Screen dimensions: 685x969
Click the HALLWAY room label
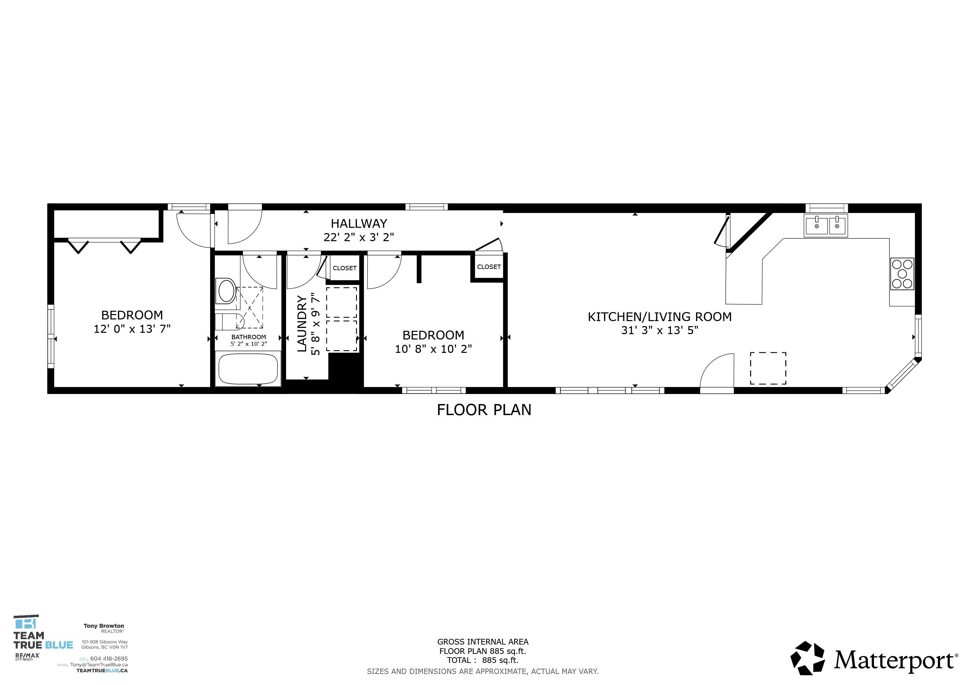point(359,223)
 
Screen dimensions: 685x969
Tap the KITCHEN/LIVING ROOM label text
point(659,317)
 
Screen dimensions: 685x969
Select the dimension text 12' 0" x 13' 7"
point(132,329)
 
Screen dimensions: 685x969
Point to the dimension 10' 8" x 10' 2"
point(433,349)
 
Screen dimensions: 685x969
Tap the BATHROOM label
point(249,337)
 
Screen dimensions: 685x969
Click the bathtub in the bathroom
point(248,369)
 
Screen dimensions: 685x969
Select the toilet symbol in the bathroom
point(227,291)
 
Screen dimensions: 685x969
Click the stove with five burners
point(902,274)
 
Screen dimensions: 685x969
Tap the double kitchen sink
point(825,226)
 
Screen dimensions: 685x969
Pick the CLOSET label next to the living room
point(489,267)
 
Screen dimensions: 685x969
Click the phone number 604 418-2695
point(109,659)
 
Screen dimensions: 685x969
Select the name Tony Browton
point(104,626)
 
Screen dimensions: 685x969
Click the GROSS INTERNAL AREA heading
point(482,642)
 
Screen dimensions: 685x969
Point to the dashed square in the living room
point(768,368)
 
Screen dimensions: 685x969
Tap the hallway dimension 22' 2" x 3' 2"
point(359,237)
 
